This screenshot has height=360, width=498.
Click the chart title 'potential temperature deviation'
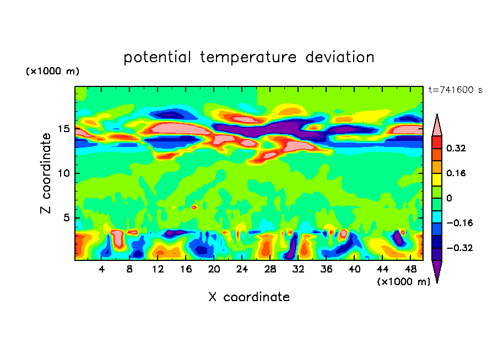pos(248,57)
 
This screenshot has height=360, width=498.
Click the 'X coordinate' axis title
pos(249,297)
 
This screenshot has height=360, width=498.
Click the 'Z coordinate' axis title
pos(47,173)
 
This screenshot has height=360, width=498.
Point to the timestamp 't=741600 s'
pos(455,90)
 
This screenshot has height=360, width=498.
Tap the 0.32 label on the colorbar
pos(457,148)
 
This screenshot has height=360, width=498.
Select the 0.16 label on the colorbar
pos(457,173)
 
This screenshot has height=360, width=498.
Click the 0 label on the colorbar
pos(449,198)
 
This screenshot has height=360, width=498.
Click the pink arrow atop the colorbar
pos(437,125)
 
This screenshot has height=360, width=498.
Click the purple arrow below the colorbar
pos(437,271)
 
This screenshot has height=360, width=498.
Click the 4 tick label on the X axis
pos(102,269)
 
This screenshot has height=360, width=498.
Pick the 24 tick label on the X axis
pos(242,269)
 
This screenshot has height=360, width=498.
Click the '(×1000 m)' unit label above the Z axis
pos(52,72)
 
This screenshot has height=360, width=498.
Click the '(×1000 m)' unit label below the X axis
pos(403,281)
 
